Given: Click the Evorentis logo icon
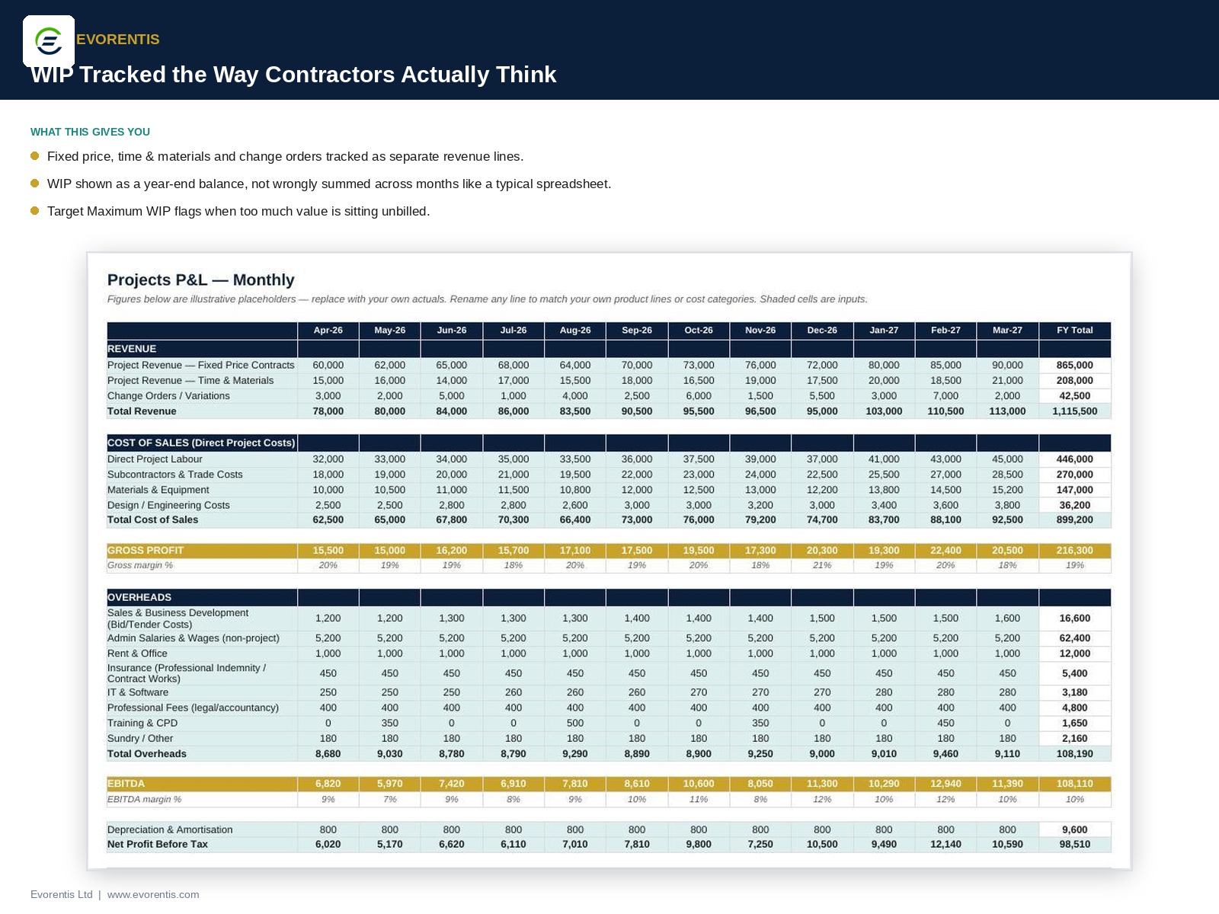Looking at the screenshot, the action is (x=49, y=41).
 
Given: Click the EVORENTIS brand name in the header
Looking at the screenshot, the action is (x=118, y=40).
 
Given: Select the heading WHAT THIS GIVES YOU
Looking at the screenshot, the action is (x=90, y=132).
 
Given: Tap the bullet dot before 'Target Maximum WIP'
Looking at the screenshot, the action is (x=35, y=211).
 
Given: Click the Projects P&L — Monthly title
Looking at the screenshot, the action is (x=200, y=280).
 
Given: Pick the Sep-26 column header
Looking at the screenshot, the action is (x=636, y=331).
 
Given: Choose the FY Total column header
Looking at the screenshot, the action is (x=1074, y=331).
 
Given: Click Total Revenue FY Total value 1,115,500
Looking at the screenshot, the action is (x=1074, y=411).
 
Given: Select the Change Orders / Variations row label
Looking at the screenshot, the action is (x=168, y=395).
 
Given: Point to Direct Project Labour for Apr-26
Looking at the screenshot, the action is (x=328, y=459).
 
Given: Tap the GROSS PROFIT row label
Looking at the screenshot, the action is (x=146, y=550).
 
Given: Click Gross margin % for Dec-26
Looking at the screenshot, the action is (x=822, y=565).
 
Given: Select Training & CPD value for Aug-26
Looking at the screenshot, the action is (x=574, y=723).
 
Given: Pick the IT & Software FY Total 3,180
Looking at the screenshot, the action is (x=1074, y=692).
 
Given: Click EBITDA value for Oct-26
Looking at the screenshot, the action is (x=698, y=784).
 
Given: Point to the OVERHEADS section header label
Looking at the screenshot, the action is (x=139, y=597).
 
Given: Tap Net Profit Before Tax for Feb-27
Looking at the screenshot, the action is (x=945, y=844).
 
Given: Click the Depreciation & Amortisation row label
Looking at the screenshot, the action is (x=170, y=829).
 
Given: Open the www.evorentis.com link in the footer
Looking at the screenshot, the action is (x=153, y=894).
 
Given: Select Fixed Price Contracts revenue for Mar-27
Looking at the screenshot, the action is (x=1007, y=365).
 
